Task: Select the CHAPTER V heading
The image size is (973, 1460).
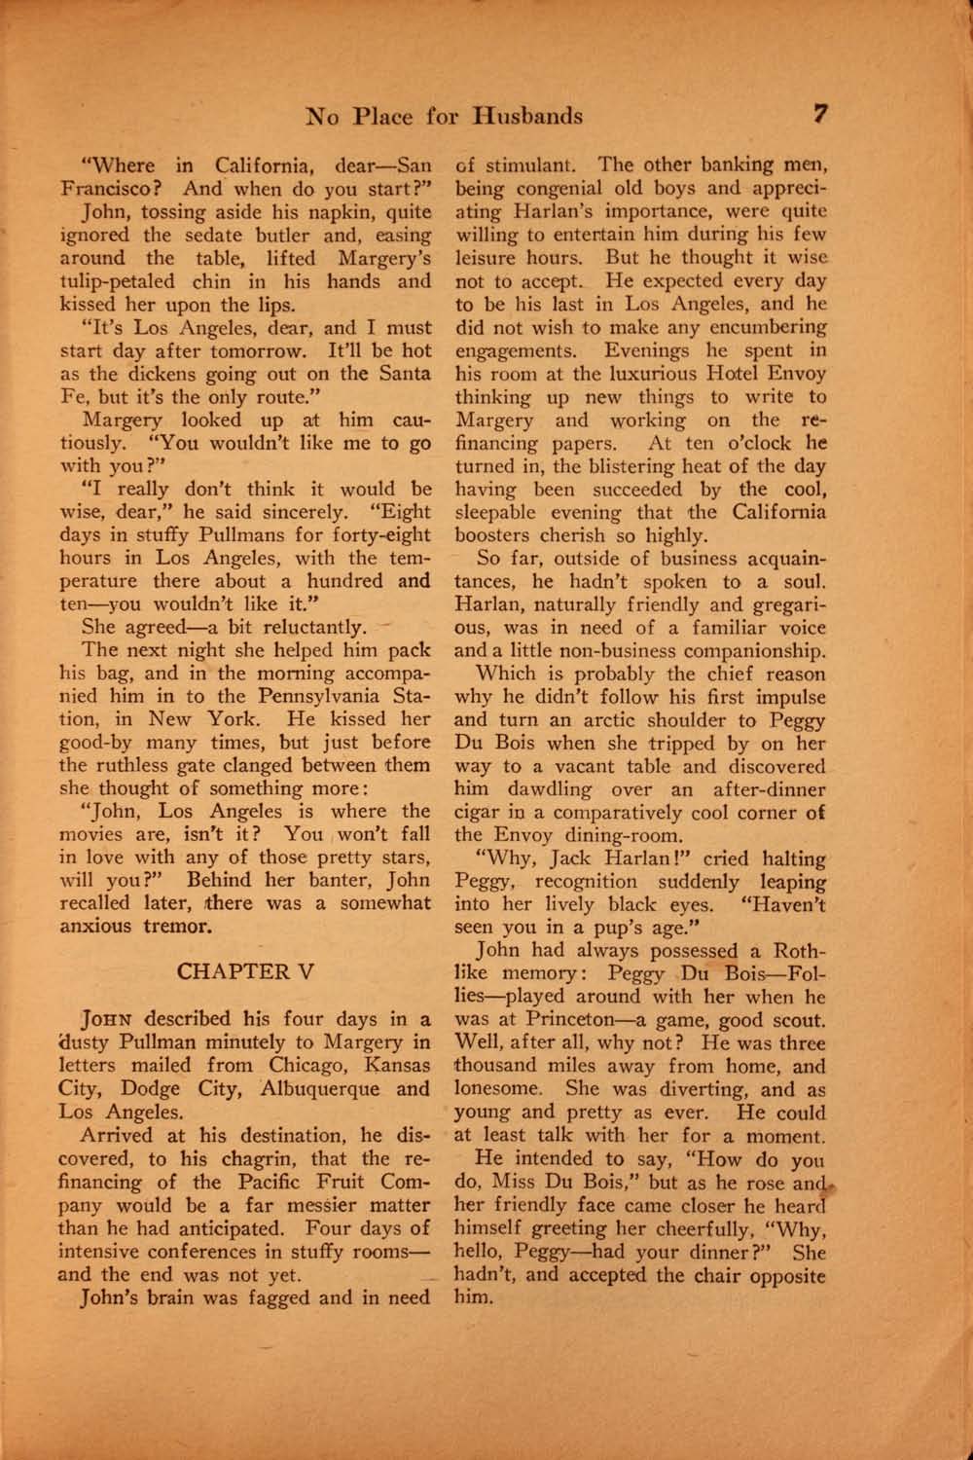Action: click(245, 971)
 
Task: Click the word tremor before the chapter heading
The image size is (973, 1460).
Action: click(179, 926)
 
